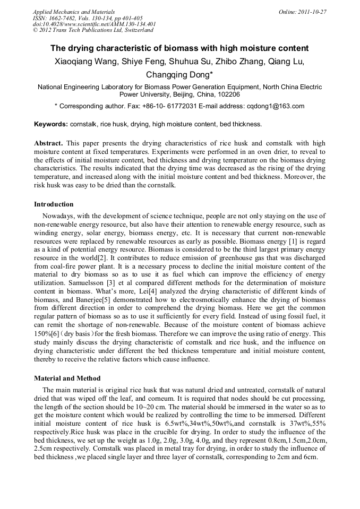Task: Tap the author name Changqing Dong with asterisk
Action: click(x=179, y=75)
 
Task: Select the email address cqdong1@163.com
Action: click(x=276, y=106)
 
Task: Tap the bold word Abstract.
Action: click(x=48, y=144)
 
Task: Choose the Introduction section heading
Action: click(x=54, y=204)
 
